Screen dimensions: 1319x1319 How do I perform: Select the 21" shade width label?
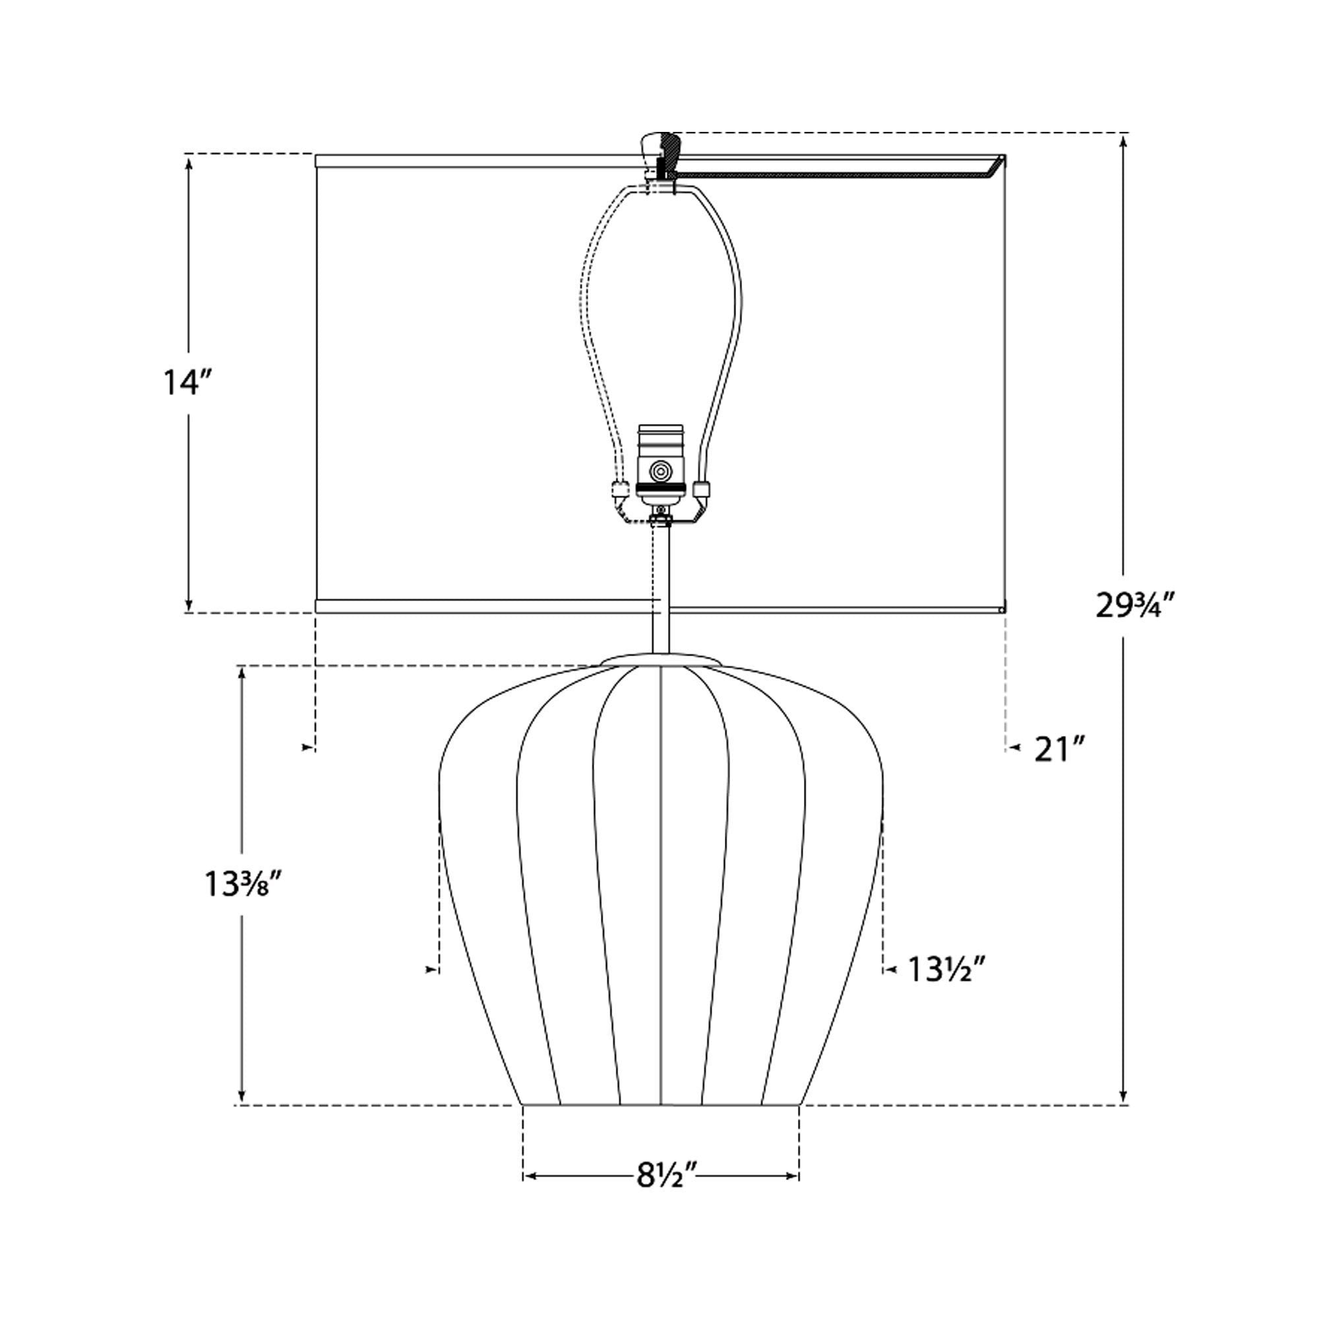pyautogui.click(x=1060, y=750)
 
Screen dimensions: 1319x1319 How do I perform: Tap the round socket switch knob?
pyautogui.click(x=659, y=471)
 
